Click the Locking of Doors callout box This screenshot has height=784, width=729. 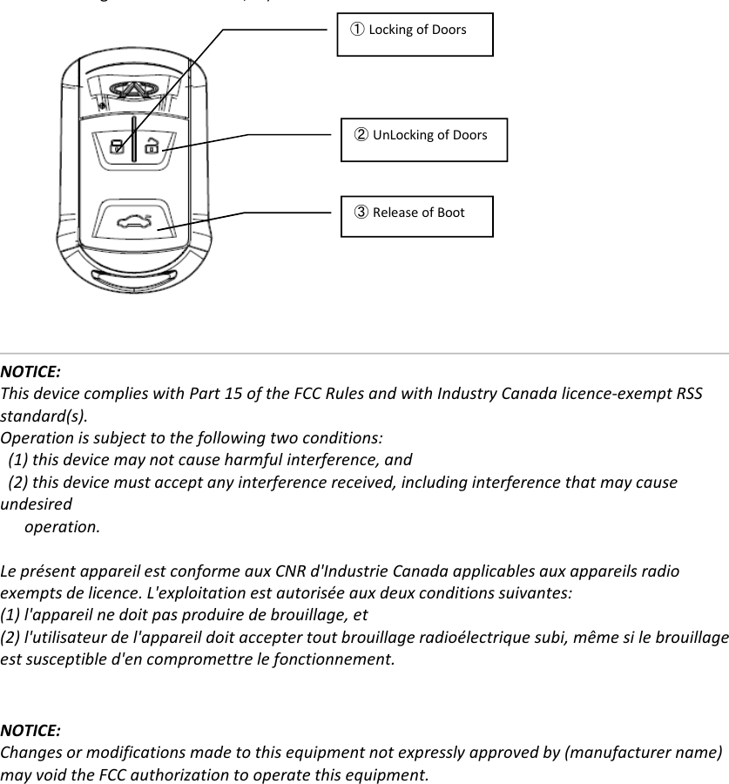pyautogui.click(x=415, y=35)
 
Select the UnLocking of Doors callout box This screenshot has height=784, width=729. pyautogui.click(x=423, y=139)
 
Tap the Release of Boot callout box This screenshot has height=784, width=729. pyautogui.click(x=416, y=216)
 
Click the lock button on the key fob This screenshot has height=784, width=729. pyautogui.click(x=115, y=145)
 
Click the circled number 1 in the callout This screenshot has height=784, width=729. pyautogui.click(x=357, y=30)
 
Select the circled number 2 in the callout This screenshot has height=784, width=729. pyautogui.click(x=361, y=135)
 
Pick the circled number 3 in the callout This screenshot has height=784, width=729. pyautogui.click(x=361, y=213)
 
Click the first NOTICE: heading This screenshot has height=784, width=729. pyautogui.click(x=30, y=373)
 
